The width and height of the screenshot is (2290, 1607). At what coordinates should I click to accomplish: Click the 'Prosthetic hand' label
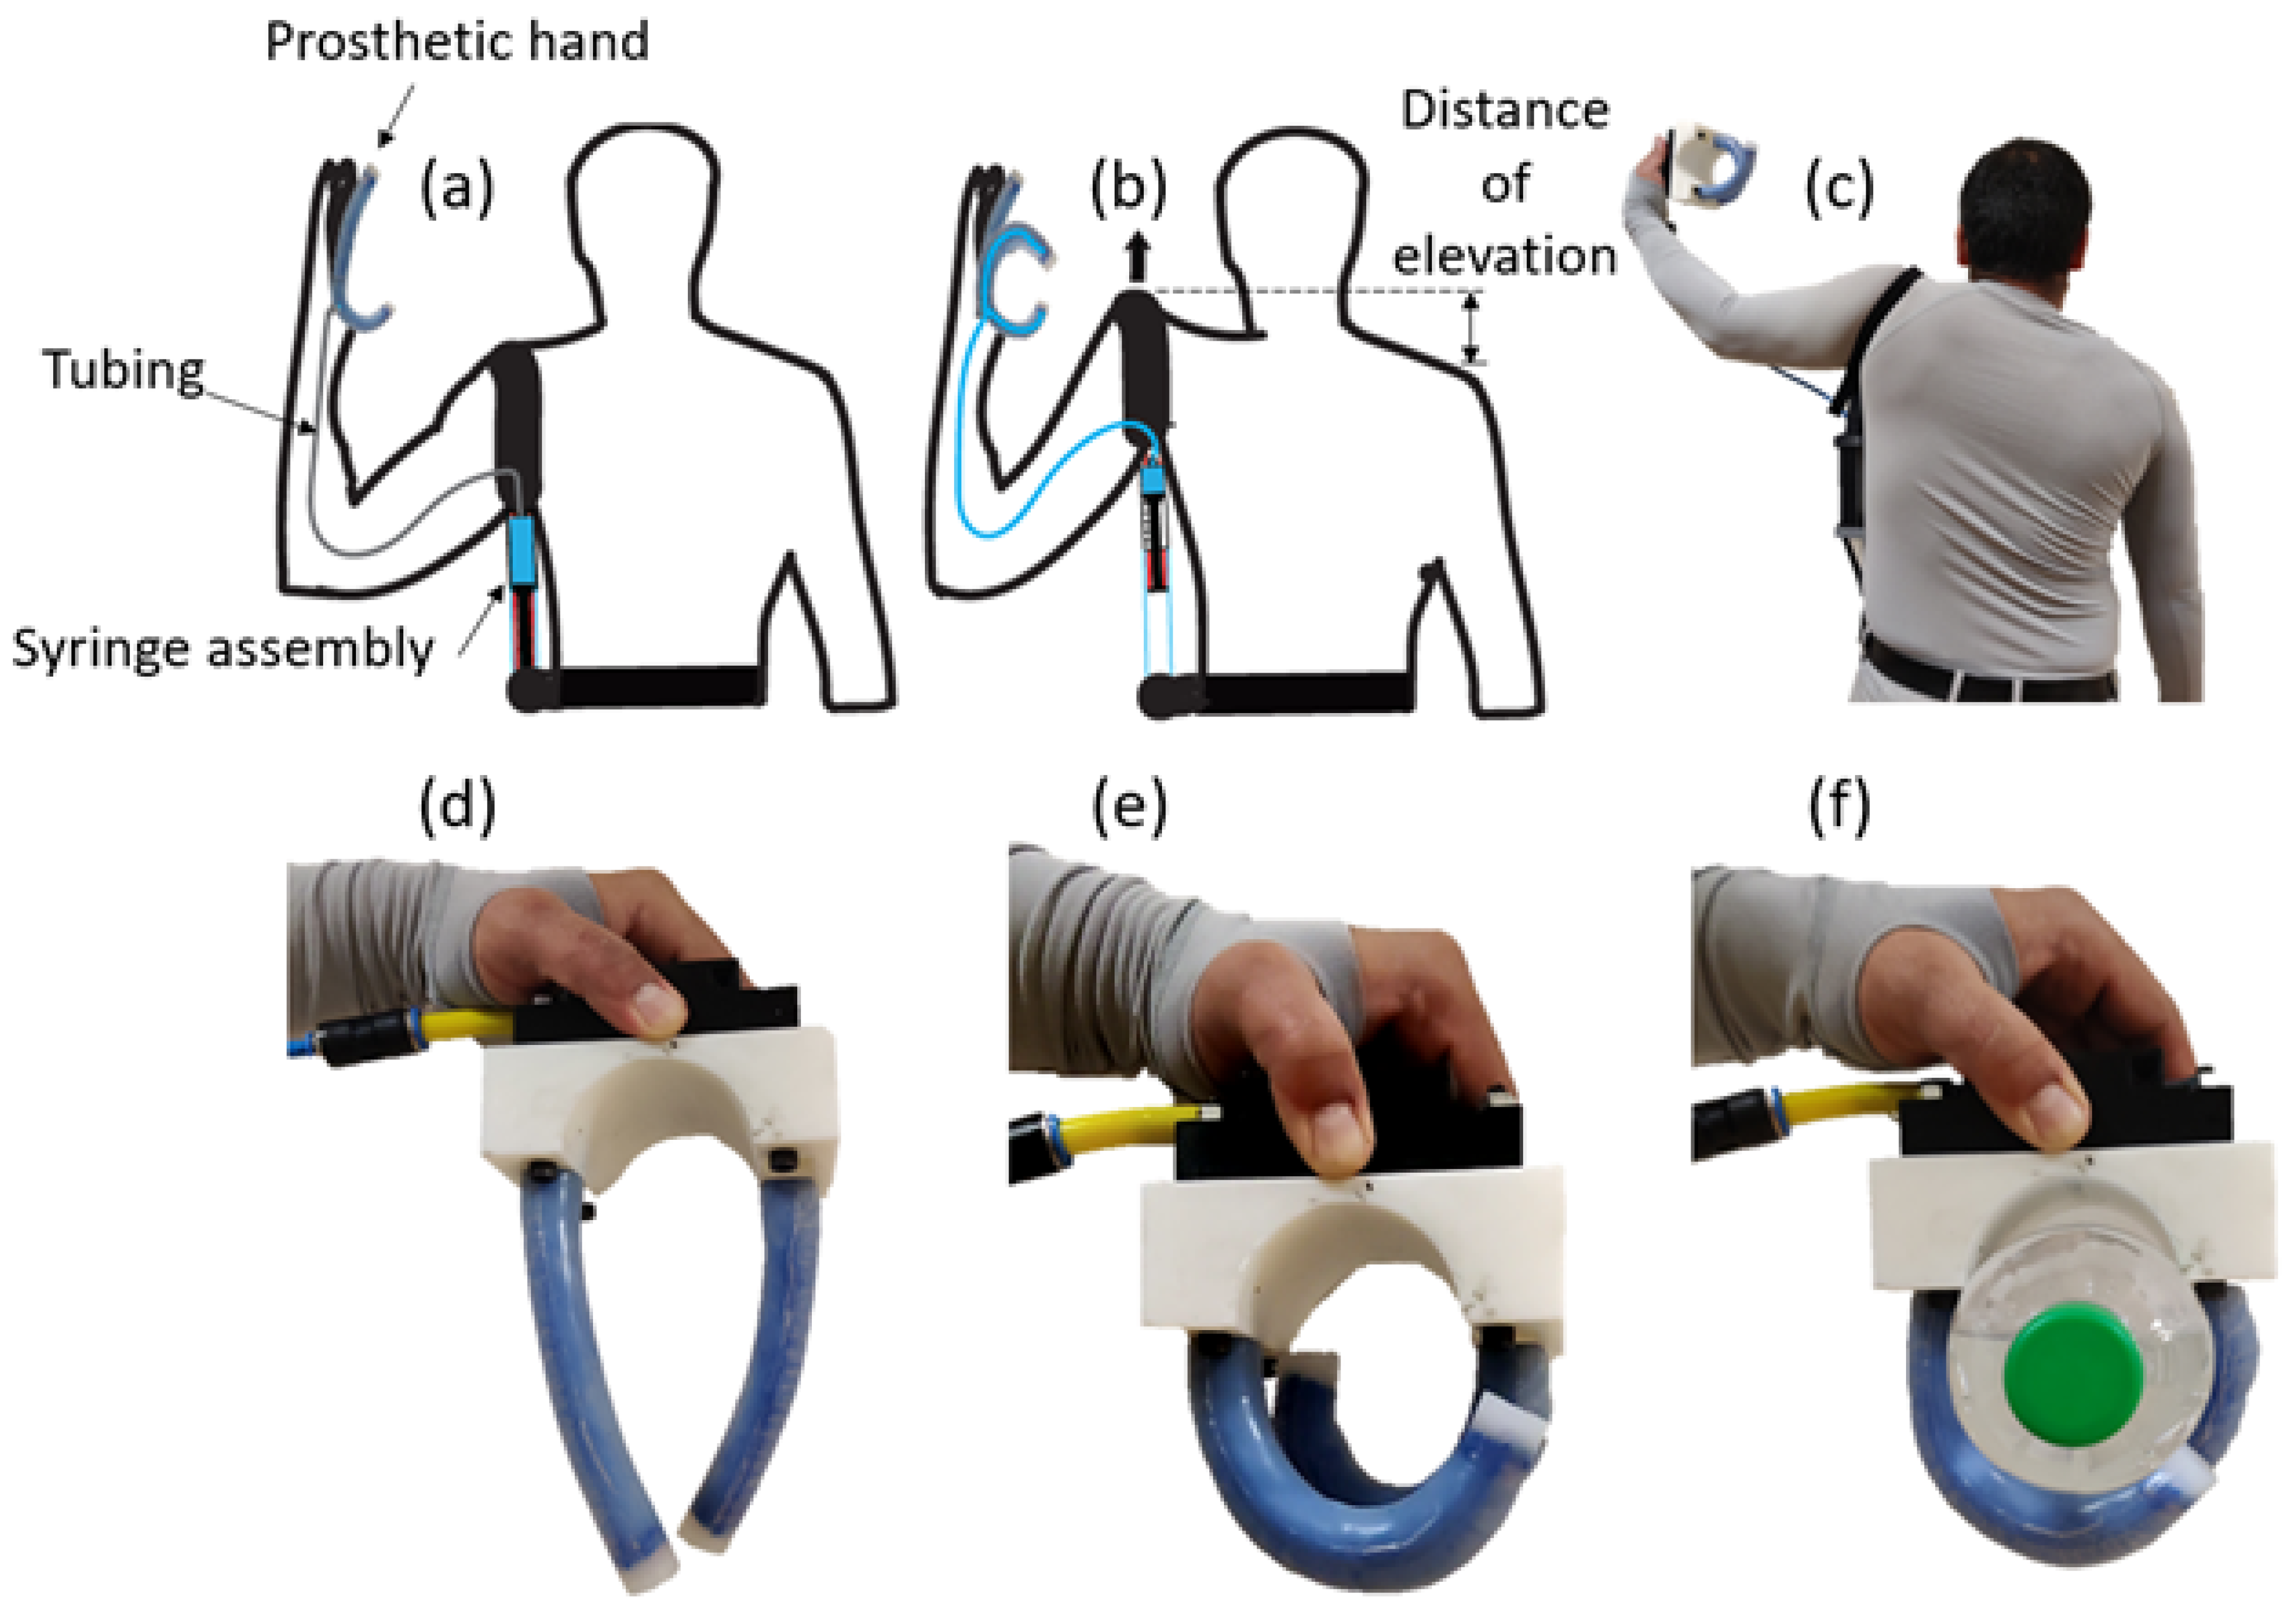click(x=457, y=42)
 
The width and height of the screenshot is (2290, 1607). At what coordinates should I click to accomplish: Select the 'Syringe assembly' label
click(x=224, y=649)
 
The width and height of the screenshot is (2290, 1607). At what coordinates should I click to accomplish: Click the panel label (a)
click(x=457, y=187)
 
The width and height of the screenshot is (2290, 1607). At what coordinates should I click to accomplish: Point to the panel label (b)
click(x=1128, y=187)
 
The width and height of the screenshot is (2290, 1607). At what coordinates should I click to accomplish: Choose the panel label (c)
click(x=1839, y=187)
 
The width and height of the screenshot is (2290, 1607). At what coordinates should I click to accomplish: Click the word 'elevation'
click(x=1504, y=256)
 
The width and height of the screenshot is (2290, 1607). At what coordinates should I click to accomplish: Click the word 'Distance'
click(x=1504, y=109)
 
